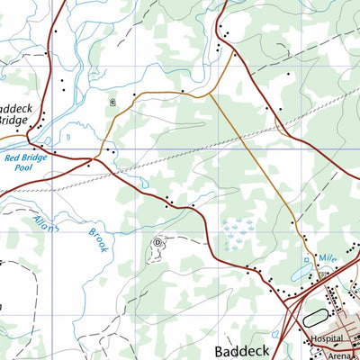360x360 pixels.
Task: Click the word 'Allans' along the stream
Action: pyautogui.click(x=46, y=223)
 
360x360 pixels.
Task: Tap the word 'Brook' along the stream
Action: pyautogui.click(x=97, y=238)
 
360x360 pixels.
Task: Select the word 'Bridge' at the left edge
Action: pyautogui.click(x=13, y=119)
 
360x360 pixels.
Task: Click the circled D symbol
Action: pyautogui.click(x=157, y=242)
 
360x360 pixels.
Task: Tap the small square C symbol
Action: pyautogui.click(x=112, y=102)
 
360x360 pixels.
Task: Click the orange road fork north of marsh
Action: pyautogui.click(x=211, y=93)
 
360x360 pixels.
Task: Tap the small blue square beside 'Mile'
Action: pyautogui.click(x=308, y=259)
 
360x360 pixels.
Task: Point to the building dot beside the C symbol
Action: pyautogui.click(x=134, y=94)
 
